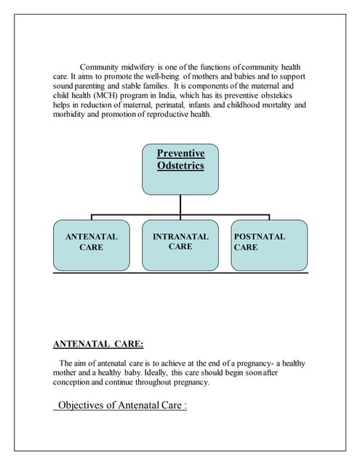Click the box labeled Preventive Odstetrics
(180, 169)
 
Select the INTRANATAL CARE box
(180, 245)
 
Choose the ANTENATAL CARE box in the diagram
(91, 245)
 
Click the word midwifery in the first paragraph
(148, 67)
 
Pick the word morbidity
(73, 114)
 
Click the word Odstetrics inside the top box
(180, 166)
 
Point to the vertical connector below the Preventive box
(180, 204)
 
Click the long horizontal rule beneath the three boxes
(180, 273)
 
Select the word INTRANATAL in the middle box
(180, 237)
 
